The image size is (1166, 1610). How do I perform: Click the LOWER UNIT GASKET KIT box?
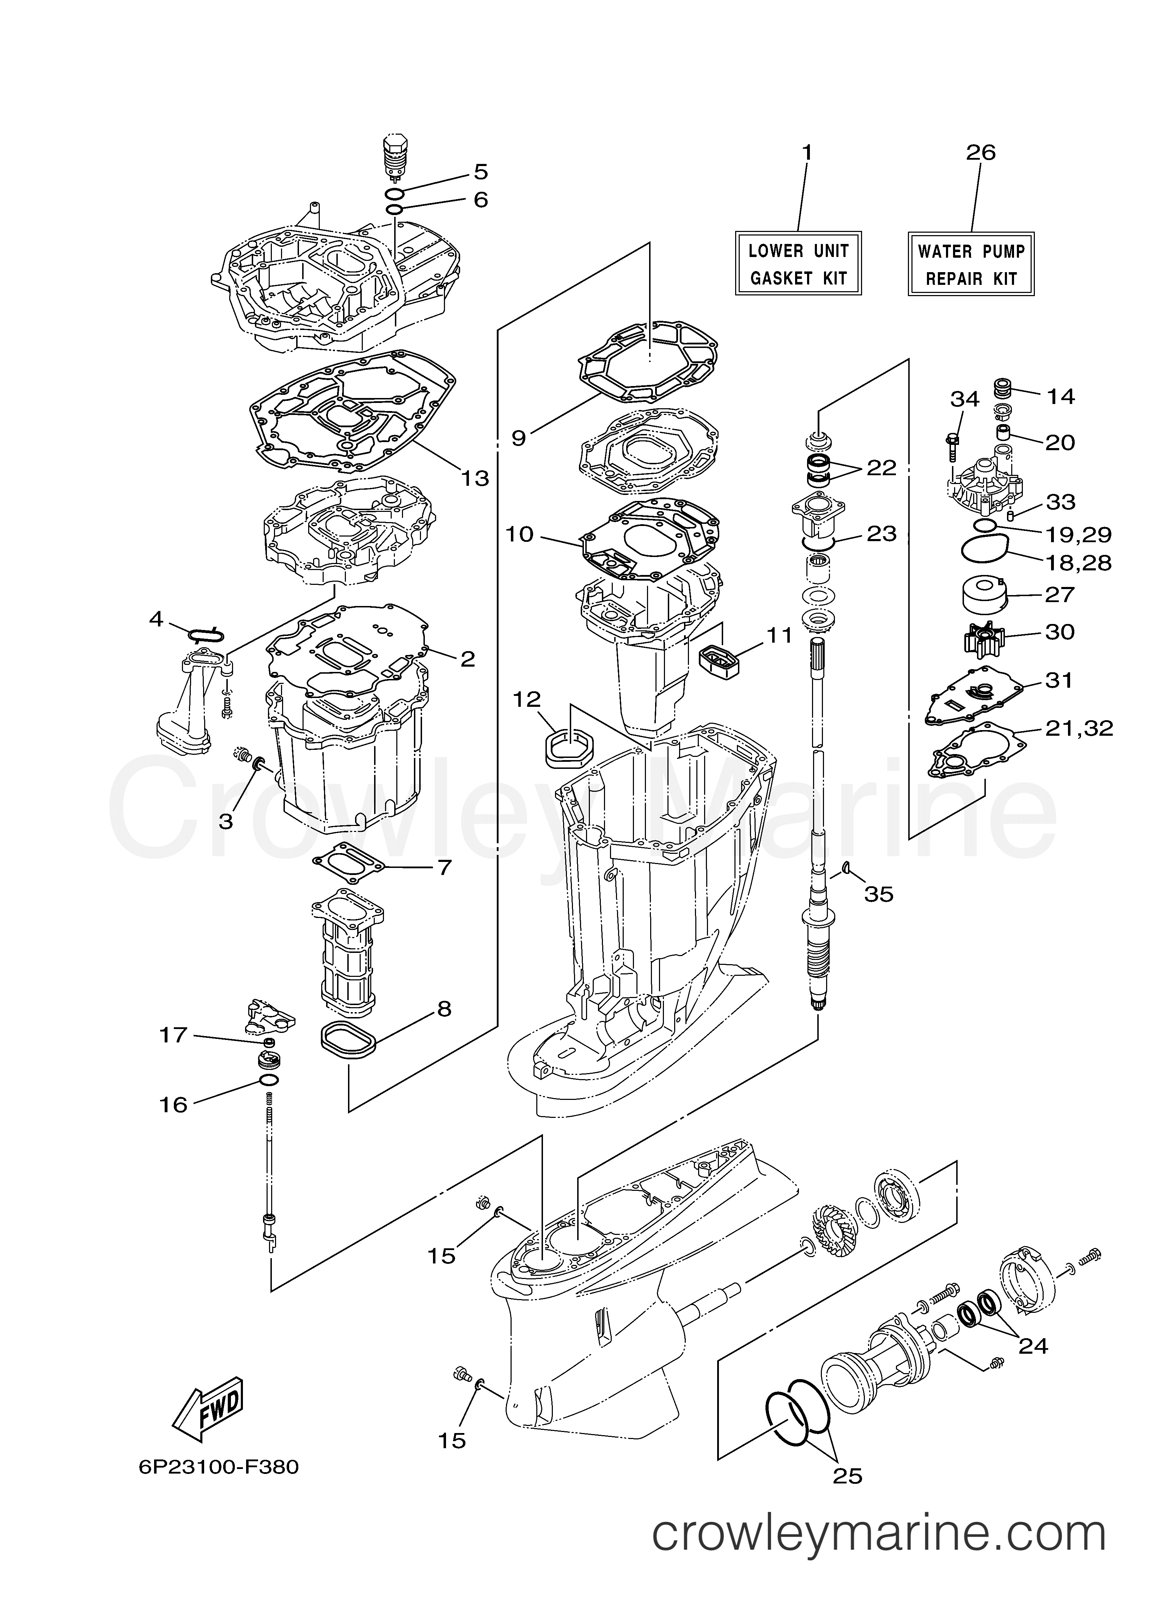pyautogui.click(x=798, y=263)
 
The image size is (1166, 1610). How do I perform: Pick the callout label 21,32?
pyautogui.click(x=1079, y=728)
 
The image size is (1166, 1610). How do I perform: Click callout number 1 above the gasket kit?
pyautogui.click(x=807, y=153)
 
